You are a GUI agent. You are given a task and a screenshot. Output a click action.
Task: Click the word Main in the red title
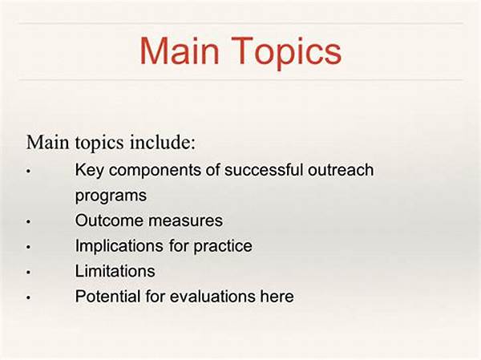[x=179, y=51]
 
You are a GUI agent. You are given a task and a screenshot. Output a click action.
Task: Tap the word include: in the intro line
[x=162, y=142]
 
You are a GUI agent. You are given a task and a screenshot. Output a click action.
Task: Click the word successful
[x=264, y=170]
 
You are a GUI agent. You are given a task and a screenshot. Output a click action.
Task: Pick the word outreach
[x=341, y=170]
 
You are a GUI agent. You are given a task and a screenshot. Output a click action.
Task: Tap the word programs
[x=111, y=196]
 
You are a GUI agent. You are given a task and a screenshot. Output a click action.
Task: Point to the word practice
[x=223, y=246]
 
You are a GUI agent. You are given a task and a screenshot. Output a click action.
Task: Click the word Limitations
[x=115, y=271]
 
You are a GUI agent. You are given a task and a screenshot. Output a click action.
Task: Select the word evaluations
[x=212, y=296]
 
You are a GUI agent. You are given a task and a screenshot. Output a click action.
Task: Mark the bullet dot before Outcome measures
[x=29, y=221]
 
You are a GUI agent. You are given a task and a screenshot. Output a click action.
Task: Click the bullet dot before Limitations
[x=29, y=272]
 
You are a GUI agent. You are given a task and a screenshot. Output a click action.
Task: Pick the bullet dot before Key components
[x=29, y=171]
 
